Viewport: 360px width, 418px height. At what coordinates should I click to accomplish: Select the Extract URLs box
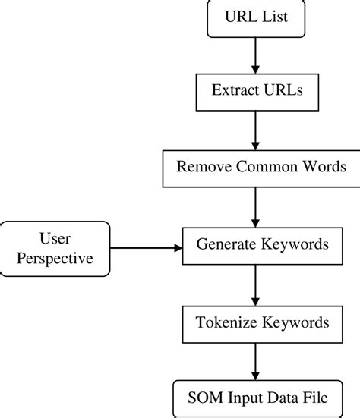(x=257, y=93)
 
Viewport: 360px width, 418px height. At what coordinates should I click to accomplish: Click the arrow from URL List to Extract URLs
(x=257, y=55)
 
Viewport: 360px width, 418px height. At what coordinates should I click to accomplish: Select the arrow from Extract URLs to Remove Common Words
(x=257, y=130)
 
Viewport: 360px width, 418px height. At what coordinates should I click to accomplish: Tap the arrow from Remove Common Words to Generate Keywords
(x=257, y=206)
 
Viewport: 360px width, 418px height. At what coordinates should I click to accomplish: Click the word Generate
(x=226, y=245)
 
